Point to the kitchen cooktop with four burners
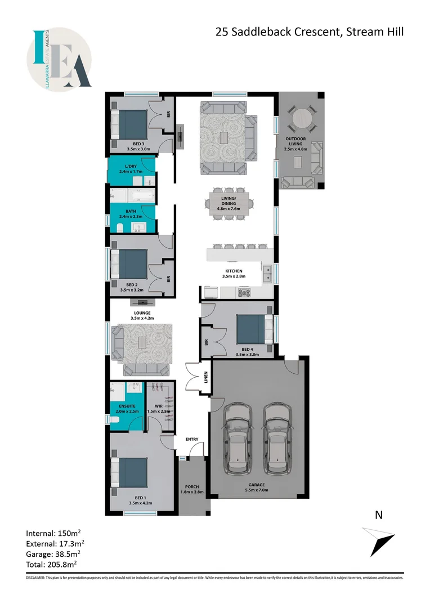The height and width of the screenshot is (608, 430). (x=245, y=292)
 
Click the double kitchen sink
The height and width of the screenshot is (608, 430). (x=268, y=274)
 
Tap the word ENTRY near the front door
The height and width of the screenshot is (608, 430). (x=192, y=439)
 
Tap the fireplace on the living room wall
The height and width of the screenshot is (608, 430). (x=180, y=136)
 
